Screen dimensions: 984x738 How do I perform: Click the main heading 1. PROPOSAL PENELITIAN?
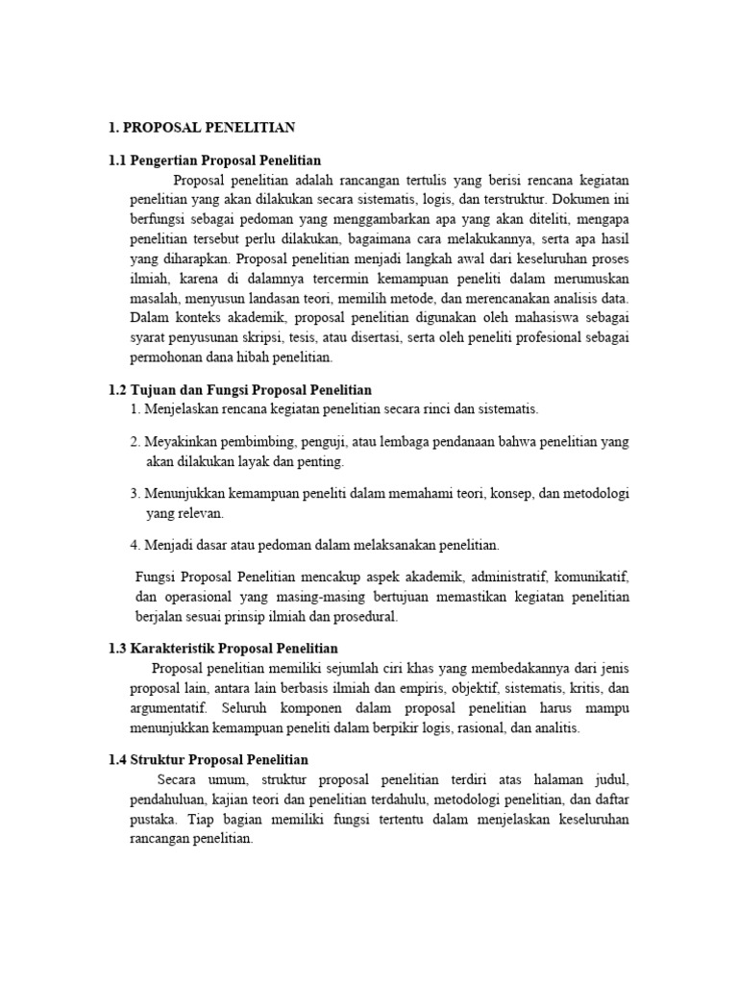[x=202, y=126]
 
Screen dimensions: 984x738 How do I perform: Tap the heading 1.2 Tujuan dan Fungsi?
[x=239, y=389]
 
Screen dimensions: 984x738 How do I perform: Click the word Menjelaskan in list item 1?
[x=184, y=408]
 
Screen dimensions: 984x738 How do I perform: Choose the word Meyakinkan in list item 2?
[x=184, y=441]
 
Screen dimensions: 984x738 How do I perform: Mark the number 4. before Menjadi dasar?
[x=135, y=545]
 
